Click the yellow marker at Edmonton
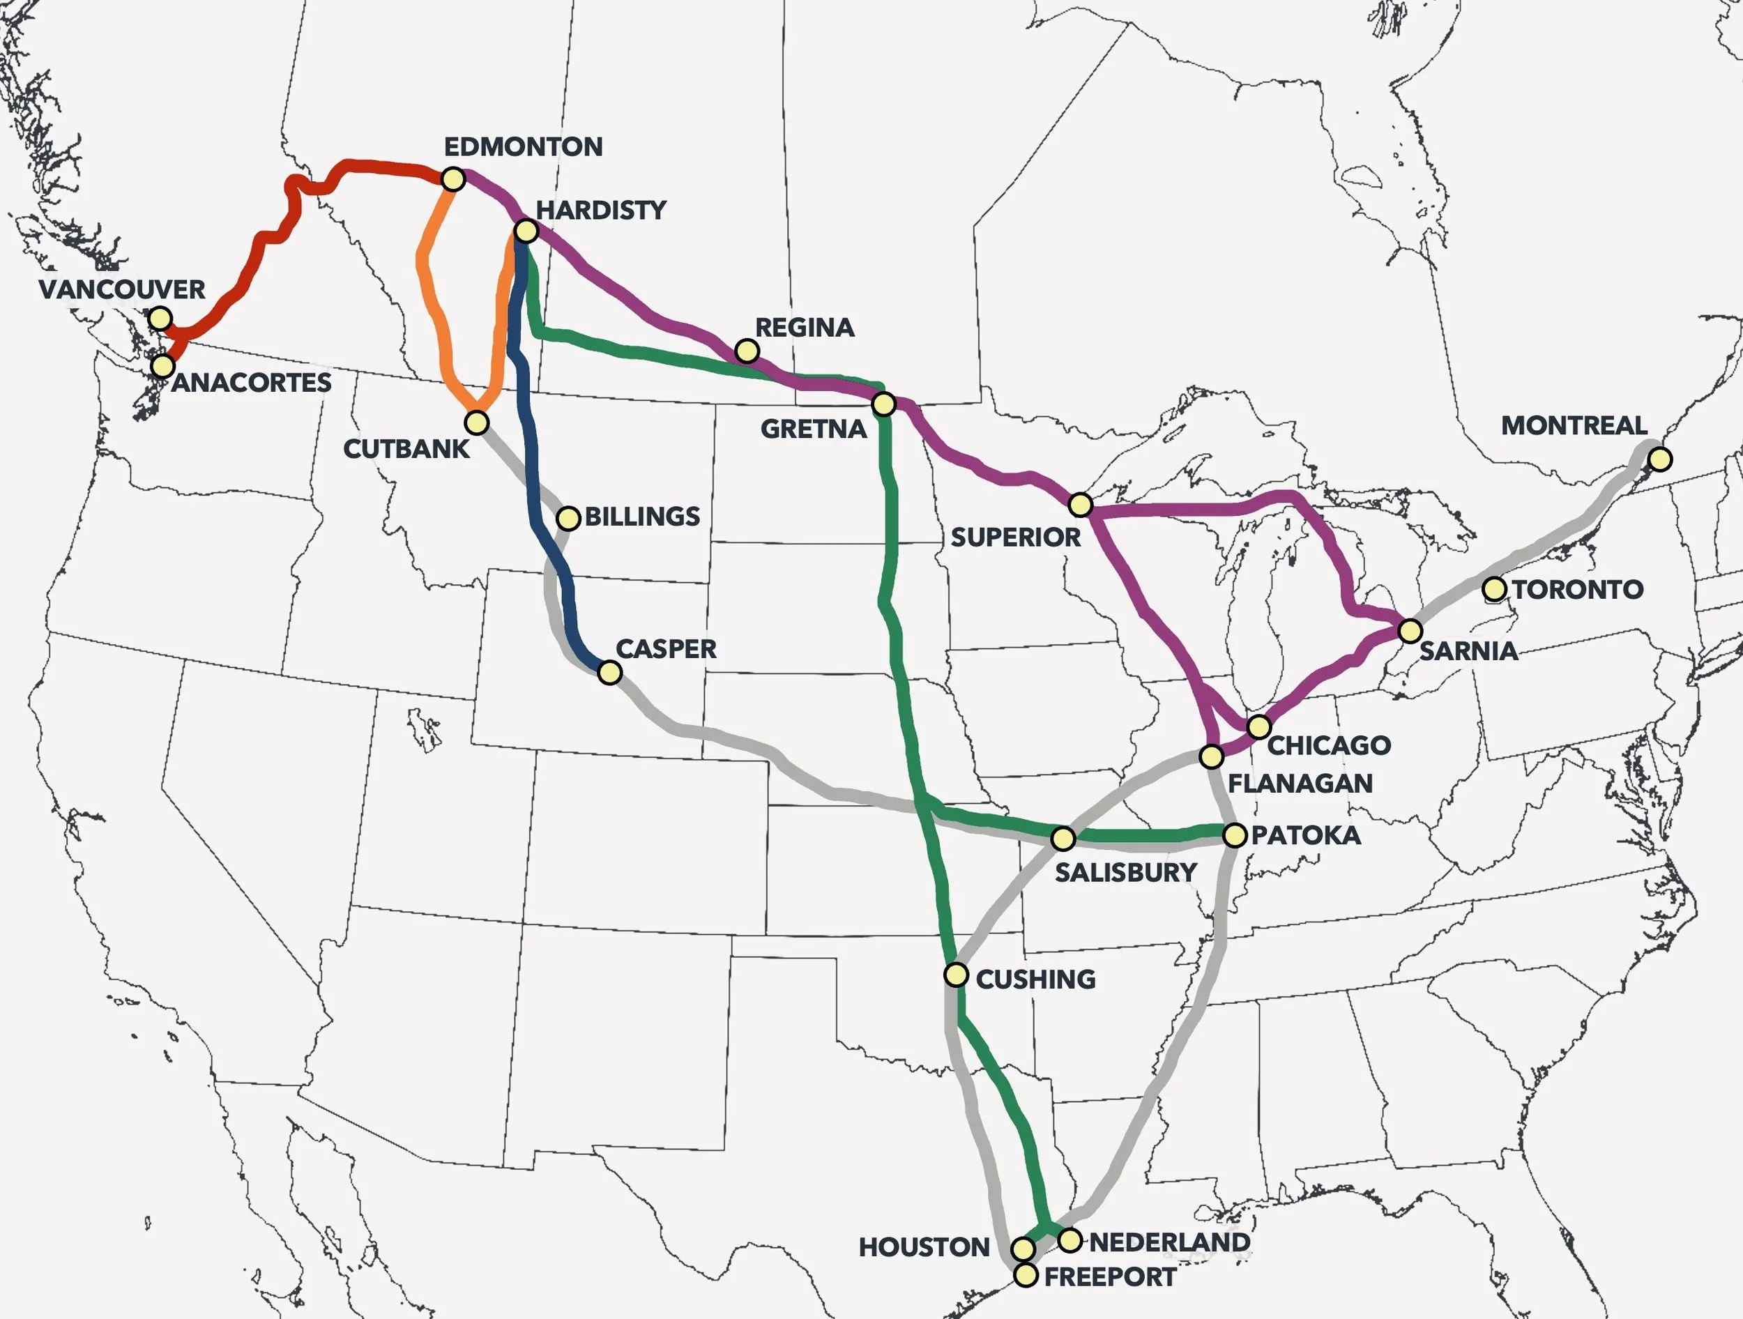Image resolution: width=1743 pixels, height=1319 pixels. (453, 180)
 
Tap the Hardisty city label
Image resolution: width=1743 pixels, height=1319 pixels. (600, 211)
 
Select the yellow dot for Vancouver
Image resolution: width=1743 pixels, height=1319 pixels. (160, 319)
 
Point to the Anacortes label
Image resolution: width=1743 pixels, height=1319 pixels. (252, 383)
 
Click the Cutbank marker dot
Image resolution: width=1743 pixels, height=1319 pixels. (476, 423)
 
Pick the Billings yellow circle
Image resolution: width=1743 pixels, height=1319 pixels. (568, 519)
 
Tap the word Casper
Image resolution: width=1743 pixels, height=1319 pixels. (666, 649)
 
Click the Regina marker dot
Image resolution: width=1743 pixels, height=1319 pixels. (746, 351)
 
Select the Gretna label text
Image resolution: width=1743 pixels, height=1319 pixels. (813, 429)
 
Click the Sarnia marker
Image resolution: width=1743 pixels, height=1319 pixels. (1410, 630)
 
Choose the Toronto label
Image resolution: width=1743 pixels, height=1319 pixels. (1578, 589)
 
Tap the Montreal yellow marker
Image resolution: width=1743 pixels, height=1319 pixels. (1659, 459)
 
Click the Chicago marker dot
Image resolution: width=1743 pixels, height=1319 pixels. (1259, 726)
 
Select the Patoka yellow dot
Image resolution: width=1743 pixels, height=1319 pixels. (1235, 834)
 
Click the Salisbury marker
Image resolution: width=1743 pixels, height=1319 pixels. (1063, 839)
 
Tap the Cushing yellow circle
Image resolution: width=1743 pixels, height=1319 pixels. (956, 975)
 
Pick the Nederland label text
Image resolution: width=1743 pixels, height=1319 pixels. (1169, 1242)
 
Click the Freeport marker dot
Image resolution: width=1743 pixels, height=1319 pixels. (1025, 1275)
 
